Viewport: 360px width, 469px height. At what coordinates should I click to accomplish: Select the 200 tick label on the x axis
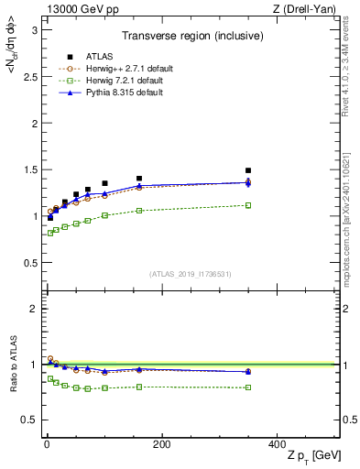click(x=161, y=445)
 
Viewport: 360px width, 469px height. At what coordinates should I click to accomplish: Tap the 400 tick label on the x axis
click(x=277, y=445)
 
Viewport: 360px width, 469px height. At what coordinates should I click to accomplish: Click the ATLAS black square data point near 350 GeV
click(x=248, y=170)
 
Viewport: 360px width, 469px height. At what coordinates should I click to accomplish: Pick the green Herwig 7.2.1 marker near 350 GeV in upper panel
click(x=248, y=205)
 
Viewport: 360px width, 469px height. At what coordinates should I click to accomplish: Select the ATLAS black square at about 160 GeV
click(x=139, y=179)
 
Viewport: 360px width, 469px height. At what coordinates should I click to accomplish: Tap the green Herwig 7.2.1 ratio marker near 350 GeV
click(x=248, y=387)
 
